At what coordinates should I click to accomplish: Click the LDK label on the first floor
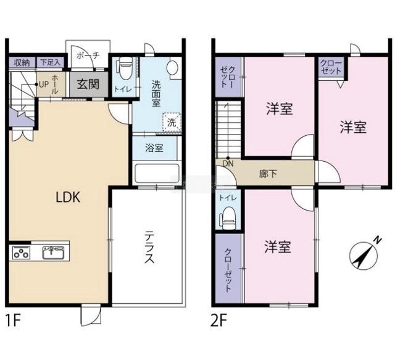pyautogui.click(x=68, y=197)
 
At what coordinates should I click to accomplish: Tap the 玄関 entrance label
pyautogui.click(x=88, y=84)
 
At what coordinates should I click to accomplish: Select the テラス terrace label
pyautogui.click(x=149, y=248)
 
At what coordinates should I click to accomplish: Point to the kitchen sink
pyautogui.click(x=53, y=253)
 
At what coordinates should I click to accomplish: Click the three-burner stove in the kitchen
pyautogui.click(x=21, y=253)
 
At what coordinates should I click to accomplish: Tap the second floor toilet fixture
pyautogui.click(x=228, y=218)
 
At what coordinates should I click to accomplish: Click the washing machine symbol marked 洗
pyautogui.click(x=172, y=122)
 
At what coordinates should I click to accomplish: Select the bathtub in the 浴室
pyautogui.click(x=157, y=174)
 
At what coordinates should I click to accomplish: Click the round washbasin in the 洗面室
pyautogui.click(x=173, y=67)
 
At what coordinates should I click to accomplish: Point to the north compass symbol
pyautogui.click(x=365, y=254)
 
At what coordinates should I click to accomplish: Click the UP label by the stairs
pyautogui.click(x=44, y=85)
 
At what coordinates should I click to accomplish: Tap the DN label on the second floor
pyautogui.click(x=228, y=164)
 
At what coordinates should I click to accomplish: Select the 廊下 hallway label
pyautogui.click(x=268, y=174)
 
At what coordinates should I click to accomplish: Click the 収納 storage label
pyautogui.click(x=22, y=62)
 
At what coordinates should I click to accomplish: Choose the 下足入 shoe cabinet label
pyautogui.click(x=51, y=62)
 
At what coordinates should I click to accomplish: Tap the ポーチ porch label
pyautogui.click(x=88, y=55)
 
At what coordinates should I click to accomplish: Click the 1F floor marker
pyautogui.click(x=13, y=320)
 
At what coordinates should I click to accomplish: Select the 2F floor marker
pyautogui.click(x=219, y=320)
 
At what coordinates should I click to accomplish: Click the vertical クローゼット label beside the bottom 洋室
pyautogui.click(x=228, y=270)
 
